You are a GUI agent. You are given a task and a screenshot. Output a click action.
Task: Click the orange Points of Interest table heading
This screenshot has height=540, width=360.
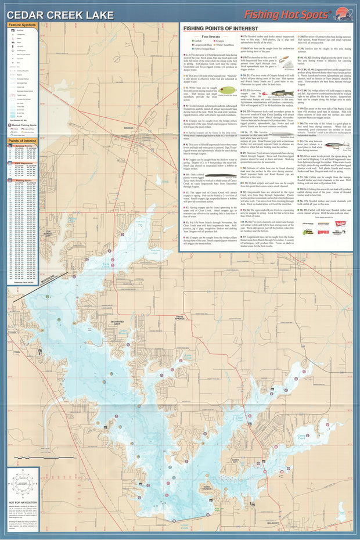click(x=22, y=141)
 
